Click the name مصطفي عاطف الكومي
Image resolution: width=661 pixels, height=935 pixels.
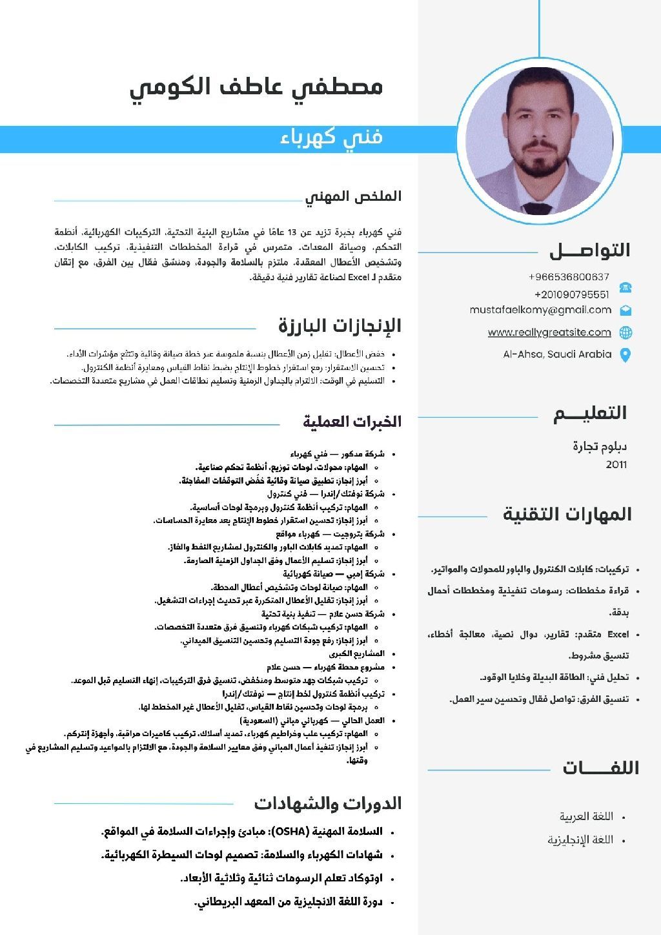click(x=256, y=87)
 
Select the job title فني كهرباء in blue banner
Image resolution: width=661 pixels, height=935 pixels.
click(x=332, y=138)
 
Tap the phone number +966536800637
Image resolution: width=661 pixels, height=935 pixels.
click(x=569, y=277)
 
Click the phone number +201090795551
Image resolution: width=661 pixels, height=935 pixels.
click(x=571, y=294)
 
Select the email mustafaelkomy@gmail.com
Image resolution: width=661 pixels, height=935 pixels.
click(x=540, y=310)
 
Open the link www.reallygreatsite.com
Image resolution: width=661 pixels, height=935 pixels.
click(x=549, y=333)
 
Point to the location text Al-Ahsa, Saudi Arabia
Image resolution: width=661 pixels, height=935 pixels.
click(x=557, y=354)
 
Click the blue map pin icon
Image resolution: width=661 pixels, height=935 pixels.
click(x=625, y=354)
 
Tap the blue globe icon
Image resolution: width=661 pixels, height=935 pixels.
click(x=625, y=333)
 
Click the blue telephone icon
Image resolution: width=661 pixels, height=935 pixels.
click(x=625, y=287)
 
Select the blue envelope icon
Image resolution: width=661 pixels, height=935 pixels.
click(x=625, y=311)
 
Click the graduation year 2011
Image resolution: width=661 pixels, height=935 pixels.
click(x=616, y=465)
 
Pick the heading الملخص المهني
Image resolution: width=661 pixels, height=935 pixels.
click(x=353, y=196)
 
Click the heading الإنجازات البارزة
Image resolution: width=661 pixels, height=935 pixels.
click(x=340, y=325)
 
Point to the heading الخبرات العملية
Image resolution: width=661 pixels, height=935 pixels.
click(x=352, y=422)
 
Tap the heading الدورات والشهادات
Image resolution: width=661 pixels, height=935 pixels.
click(x=327, y=803)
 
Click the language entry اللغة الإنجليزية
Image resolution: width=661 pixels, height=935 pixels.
click(x=580, y=840)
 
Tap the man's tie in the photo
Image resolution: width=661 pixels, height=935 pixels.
click(x=537, y=208)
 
